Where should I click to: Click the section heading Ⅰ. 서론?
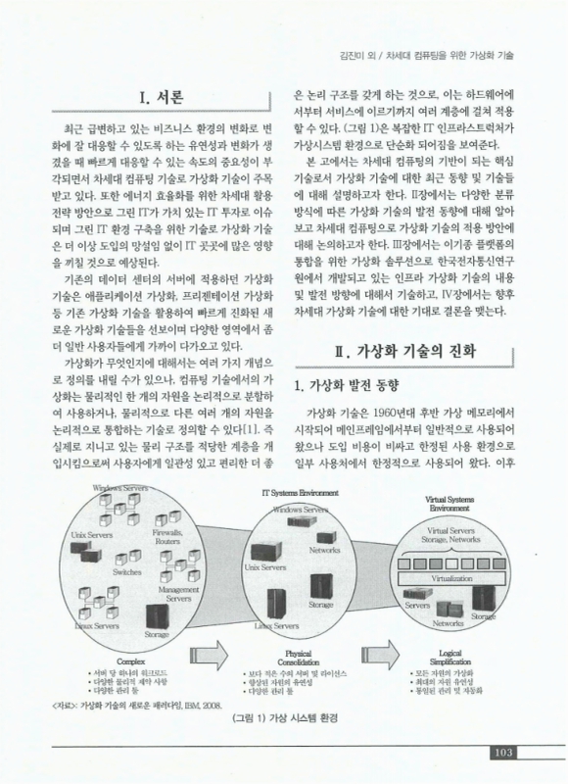[156, 98]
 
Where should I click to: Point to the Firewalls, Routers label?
[167, 536]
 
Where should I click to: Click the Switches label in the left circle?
[127, 571]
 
